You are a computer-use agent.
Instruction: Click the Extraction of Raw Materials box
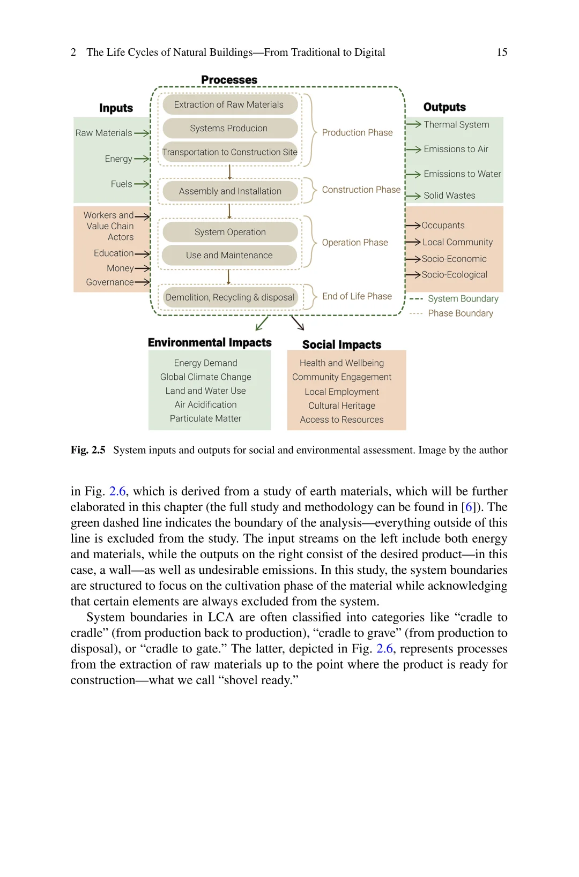coord(229,104)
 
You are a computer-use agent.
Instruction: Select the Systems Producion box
coord(229,129)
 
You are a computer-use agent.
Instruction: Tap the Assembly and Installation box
coord(230,191)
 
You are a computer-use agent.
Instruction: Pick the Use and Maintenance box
coord(229,256)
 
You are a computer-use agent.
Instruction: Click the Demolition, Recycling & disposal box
coord(230,297)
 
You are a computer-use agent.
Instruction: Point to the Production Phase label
coord(357,133)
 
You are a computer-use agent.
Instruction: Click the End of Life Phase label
coord(357,296)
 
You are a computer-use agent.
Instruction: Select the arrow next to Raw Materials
coord(142,133)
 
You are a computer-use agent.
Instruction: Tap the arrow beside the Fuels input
coord(142,184)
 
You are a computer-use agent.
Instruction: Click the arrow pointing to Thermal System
coord(414,124)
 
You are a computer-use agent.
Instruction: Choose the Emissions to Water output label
coord(462,174)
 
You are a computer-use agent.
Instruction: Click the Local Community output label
coord(457,242)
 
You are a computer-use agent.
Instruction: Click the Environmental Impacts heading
coord(210,343)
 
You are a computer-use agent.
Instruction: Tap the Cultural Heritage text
coord(342,406)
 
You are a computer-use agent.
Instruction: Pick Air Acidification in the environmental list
coord(205,404)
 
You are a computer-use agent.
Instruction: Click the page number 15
coord(502,53)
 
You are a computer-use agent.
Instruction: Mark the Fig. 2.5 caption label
coord(88,450)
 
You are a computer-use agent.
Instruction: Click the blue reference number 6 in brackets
coord(469,507)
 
